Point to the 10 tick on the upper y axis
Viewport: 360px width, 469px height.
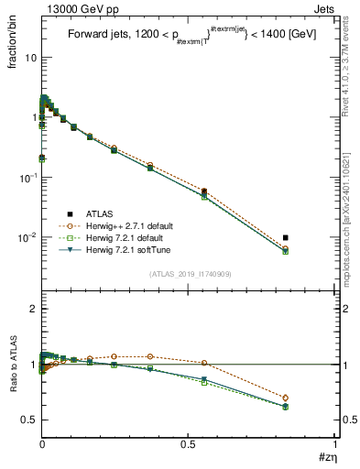(31, 58)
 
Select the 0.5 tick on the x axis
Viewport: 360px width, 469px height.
(189, 444)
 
